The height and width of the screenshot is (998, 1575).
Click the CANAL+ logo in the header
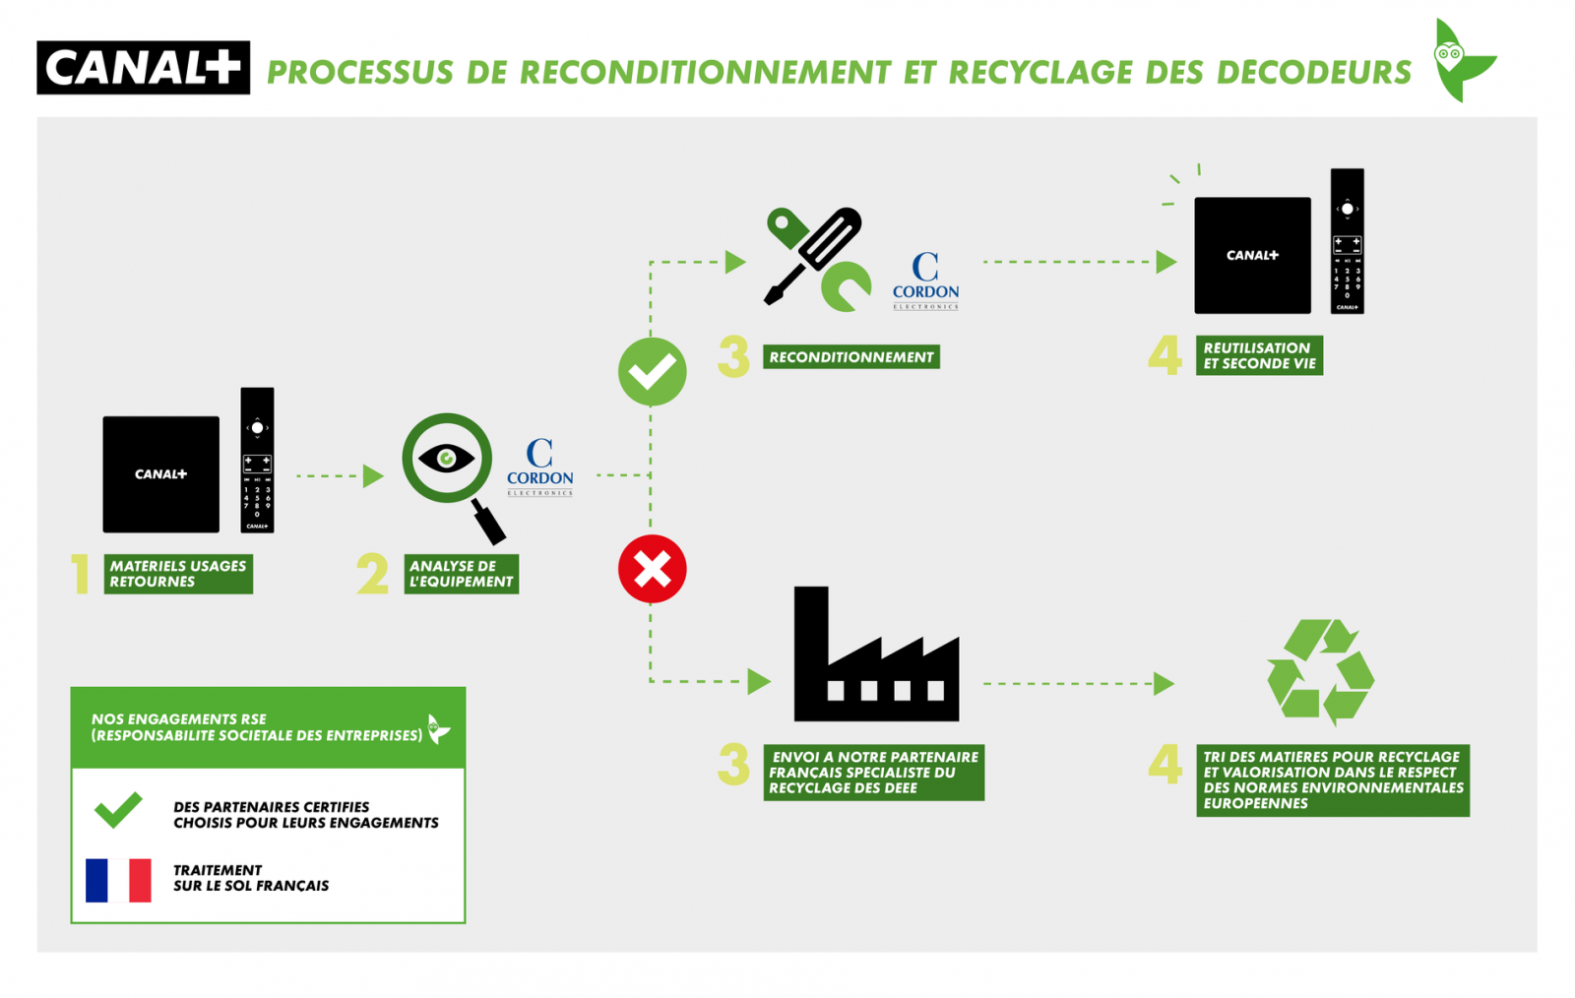click(x=144, y=68)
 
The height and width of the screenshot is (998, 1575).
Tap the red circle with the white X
click(x=652, y=569)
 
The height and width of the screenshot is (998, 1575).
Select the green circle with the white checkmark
click(x=652, y=372)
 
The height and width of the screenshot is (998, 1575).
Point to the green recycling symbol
click(x=1320, y=672)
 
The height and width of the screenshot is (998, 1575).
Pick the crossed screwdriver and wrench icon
click(x=817, y=258)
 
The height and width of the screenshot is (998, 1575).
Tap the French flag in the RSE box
click(x=118, y=880)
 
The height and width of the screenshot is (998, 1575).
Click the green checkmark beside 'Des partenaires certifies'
click(x=118, y=809)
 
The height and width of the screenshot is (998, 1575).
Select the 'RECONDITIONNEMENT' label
click(x=851, y=357)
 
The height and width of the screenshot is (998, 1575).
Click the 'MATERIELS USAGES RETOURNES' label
click(x=178, y=574)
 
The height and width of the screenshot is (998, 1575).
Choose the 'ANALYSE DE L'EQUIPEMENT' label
click(x=461, y=574)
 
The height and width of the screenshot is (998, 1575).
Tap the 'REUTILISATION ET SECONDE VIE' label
click(x=1259, y=355)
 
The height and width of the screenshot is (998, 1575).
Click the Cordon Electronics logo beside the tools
click(x=925, y=281)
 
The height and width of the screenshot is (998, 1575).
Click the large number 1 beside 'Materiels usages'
click(x=81, y=574)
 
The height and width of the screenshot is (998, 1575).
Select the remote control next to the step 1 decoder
click(x=257, y=460)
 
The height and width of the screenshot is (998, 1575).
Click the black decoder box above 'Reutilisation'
click(x=1252, y=256)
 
